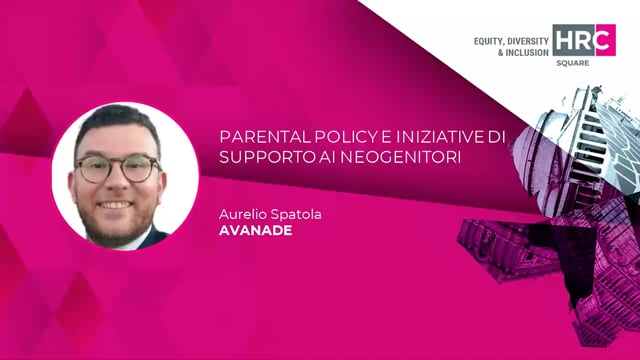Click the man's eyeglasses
pyautogui.click(x=118, y=167)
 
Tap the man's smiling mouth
pyautogui.click(x=118, y=204)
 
